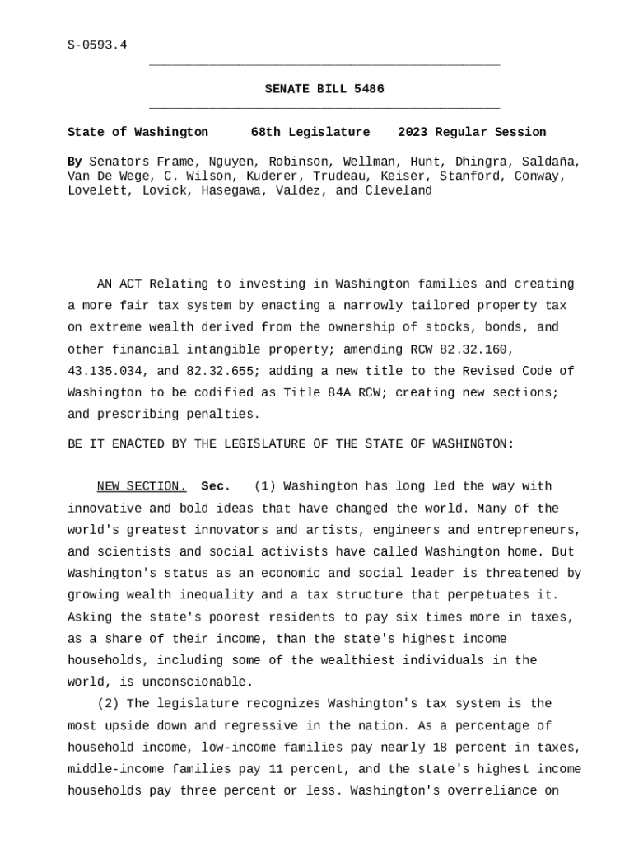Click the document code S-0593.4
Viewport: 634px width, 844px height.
pyautogui.click(x=97, y=45)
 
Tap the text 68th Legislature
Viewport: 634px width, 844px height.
pyautogui.click(x=310, y=132)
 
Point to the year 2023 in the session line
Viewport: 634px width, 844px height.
pyautogui.click(x=413, y=132)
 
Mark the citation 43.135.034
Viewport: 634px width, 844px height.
pyautogui.click(x=105, y=371)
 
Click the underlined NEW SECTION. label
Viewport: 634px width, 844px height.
pyautogui.click(x=142, y=486)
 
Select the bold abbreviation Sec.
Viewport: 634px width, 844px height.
pyautogui.click(x=216, y=486)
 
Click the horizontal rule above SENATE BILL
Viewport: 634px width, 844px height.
pyautogui.click(x=324, y=64)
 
